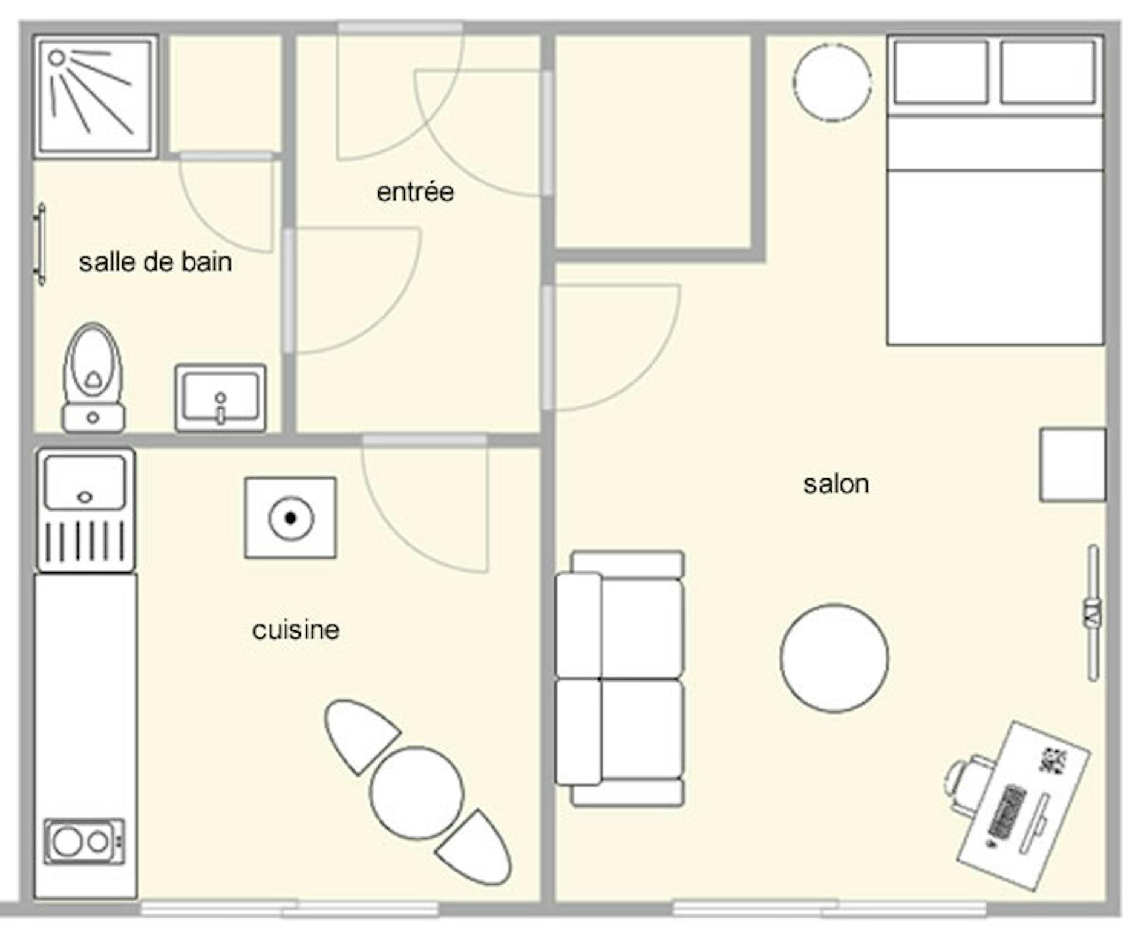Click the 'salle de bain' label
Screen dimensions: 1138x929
pos(155,262)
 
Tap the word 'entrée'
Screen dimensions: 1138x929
pos(415,192)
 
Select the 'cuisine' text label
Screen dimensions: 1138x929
pos(296,630)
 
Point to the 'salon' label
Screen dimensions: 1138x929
pos(836,484)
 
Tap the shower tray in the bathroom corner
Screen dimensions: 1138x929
pos(96,96)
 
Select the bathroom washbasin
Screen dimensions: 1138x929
pos(220,397)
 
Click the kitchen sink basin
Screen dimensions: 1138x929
pos(85,482)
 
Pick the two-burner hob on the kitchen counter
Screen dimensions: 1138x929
pos(84,841)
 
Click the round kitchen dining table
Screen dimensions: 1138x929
pos(417,793)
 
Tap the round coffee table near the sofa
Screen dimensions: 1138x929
pos(834,658)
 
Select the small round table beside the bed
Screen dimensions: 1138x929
pos(832,82)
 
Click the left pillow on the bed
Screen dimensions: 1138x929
pos(941,72)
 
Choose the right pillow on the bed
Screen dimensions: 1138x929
pos(1048,72)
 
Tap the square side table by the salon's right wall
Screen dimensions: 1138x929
pos(1073,465)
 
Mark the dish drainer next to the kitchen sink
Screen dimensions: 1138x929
pos(85,540)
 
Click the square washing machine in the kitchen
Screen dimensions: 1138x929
pos(290,518)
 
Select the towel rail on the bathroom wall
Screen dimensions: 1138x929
pos(41,244)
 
